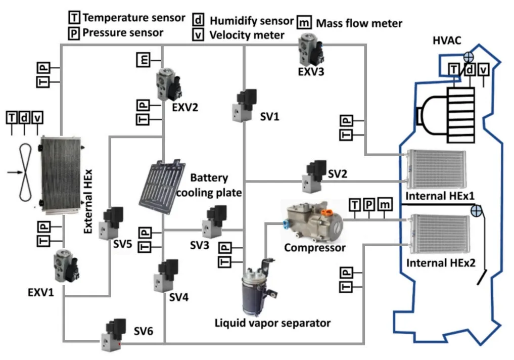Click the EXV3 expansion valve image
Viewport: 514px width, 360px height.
coord(309,49)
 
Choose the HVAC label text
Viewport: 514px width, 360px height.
coord(447,40)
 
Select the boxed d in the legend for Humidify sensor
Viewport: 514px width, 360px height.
coord(199,20)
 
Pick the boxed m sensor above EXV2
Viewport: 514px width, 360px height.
coord(143,60)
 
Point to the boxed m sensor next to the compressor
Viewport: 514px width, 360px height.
coord(385,204)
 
